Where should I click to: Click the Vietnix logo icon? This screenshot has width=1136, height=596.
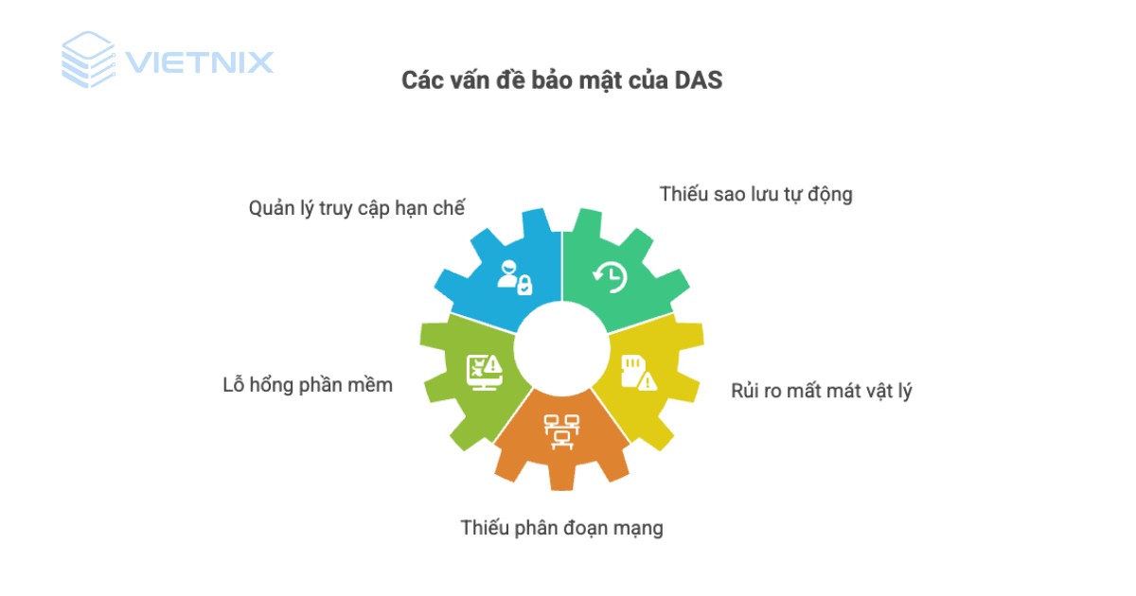[x=88, y=60]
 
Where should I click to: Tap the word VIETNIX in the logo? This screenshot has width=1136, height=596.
[x=199, y=63]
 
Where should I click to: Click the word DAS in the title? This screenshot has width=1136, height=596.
[x=700, y=80]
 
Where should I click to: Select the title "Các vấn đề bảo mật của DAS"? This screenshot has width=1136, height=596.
[x=561, y=80]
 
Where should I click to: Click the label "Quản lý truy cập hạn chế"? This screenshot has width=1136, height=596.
[x=356, y=208]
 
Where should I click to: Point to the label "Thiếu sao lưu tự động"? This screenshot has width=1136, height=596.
[x=755, y=194]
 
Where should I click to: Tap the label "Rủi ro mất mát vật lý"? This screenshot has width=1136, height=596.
[x=821, y=390]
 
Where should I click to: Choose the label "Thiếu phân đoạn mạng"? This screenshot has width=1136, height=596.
[x=561, y=528]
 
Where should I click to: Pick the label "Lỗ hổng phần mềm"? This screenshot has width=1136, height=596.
[x=307, y=384]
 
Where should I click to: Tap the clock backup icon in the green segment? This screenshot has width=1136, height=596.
[x=610, y=275]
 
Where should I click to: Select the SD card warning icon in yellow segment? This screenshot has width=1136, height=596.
[x=637, y=372]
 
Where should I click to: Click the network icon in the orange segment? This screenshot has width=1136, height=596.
[x=559, y=429]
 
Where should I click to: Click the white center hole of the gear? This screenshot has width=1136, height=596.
[x=562, y=349]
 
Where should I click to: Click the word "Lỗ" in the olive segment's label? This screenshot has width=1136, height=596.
[x=233, y=384]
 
